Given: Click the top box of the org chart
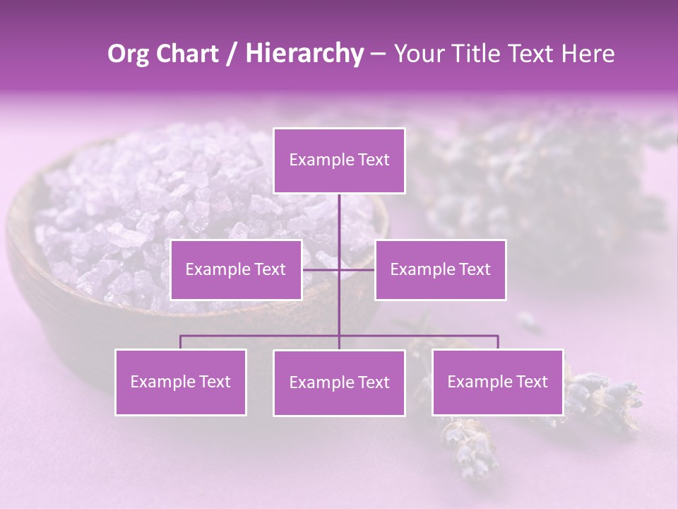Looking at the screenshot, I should coord(339,160).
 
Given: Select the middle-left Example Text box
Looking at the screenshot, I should coord(236,269).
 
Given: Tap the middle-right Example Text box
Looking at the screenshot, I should coord(440,269).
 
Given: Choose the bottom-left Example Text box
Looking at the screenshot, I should coord(181,382).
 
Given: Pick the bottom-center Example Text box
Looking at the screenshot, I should coord(339,382).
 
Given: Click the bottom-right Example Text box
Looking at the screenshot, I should coord(497,382).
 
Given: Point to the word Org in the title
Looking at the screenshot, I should coord(128,54).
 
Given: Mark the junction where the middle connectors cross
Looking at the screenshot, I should coord(339,269).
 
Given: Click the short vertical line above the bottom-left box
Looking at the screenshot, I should coord(181,342).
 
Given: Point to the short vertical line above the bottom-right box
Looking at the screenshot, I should coord(497,342).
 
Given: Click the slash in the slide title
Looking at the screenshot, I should coord(231,54).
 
